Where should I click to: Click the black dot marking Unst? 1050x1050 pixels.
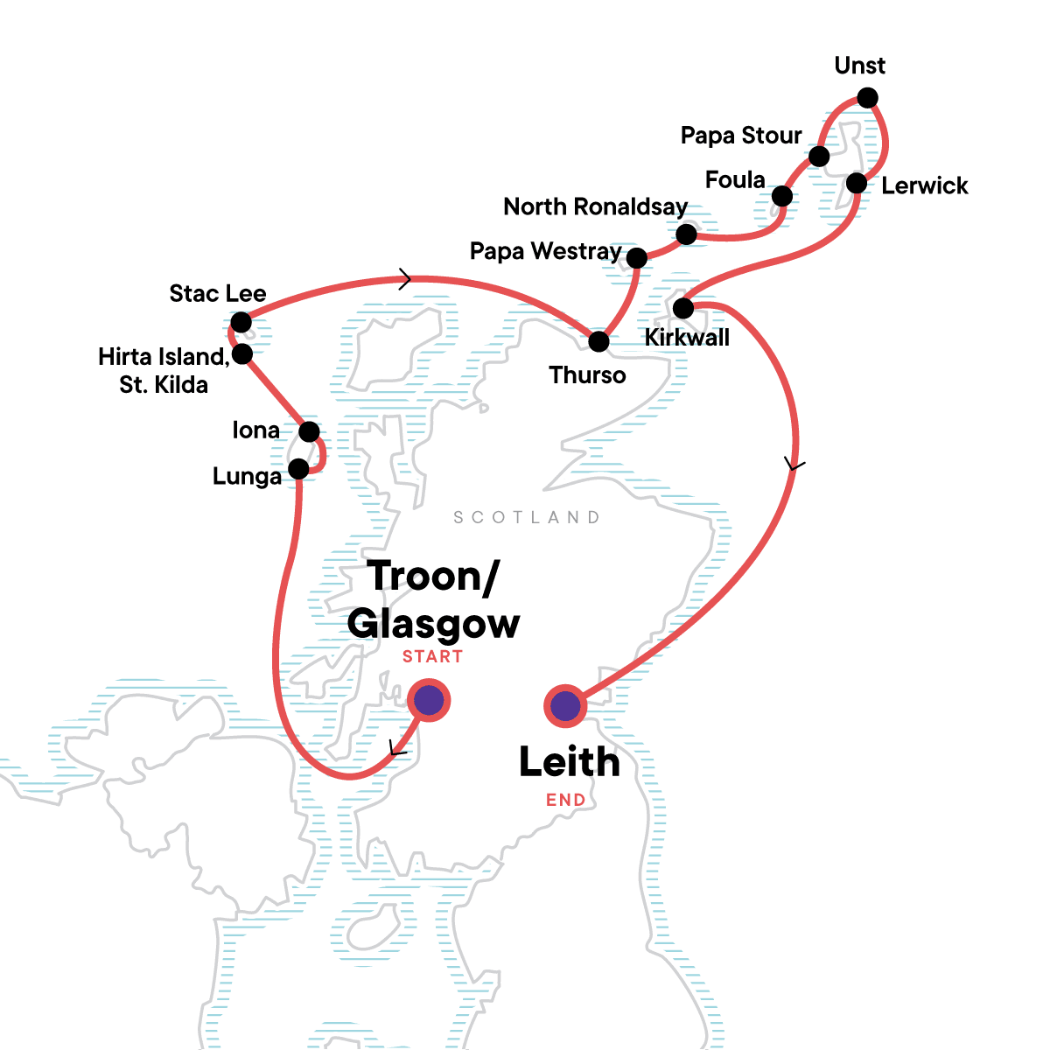click(x=867, y=98)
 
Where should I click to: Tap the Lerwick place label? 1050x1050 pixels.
click(x=924, y=185)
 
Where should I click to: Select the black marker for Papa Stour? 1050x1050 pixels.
click(x=819, y=157)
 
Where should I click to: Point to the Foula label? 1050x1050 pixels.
click(x=735, y=180)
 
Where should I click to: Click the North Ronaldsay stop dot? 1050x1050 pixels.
click(x=687, y=234)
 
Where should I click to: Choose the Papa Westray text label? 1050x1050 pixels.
click(x=545, y=252)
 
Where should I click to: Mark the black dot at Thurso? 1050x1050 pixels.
click(x=598, y=341)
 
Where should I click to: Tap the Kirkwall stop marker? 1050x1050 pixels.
click(x=683, y=308)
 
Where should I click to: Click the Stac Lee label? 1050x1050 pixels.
click(x=218, y=294)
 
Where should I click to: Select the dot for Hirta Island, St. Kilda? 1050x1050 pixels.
click(x=242, y=354)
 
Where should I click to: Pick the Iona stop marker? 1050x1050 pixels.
click(x=309, y=432)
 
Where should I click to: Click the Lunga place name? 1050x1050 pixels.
click(x=247, y=477)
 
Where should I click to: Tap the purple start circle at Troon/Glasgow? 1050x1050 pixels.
click(x=429, y=700)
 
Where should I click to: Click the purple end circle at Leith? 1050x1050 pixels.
click(x=565, y=705)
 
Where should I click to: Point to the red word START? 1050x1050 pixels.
click(x=432, y=656)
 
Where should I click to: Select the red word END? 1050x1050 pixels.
click(x=565, y=800)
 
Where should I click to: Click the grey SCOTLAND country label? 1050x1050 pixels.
click(x=527, y=517)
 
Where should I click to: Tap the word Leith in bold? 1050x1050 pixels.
click(x=569, y=762)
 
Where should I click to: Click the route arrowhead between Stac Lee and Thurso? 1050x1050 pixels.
click(x=405, y=279)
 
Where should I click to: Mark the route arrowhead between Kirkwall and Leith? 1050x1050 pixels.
click(x=794, y=465)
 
